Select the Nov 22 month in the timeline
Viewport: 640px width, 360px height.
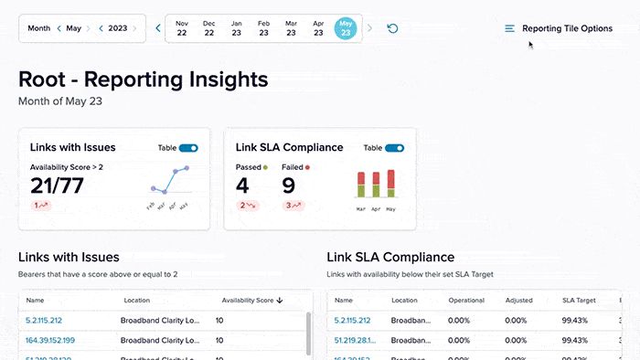coord(182,28)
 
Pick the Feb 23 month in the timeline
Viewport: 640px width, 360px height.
coord(264,28)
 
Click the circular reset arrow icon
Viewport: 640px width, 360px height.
coord(393,28)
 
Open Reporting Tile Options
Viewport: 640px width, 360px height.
coord(559,28)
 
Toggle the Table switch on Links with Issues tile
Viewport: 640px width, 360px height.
coord(188,147)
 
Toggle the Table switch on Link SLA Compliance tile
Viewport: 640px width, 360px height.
coord(394,147)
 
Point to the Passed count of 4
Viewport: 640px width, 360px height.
coord(242,185)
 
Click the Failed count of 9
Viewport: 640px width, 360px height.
coord(288,185)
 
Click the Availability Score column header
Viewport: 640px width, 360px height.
coord(250,300)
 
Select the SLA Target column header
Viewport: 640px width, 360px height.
coord(579,300)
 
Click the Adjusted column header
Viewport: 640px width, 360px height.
coord(518,300)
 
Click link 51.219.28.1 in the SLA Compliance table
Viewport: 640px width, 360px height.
coord(353,340)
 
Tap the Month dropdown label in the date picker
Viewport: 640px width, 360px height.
coord(38,28)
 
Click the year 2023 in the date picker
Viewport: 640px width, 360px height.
coord(118,28)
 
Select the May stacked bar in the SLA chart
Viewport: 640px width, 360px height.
coord(391,184)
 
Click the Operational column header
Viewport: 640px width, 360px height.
coord(466,300)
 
